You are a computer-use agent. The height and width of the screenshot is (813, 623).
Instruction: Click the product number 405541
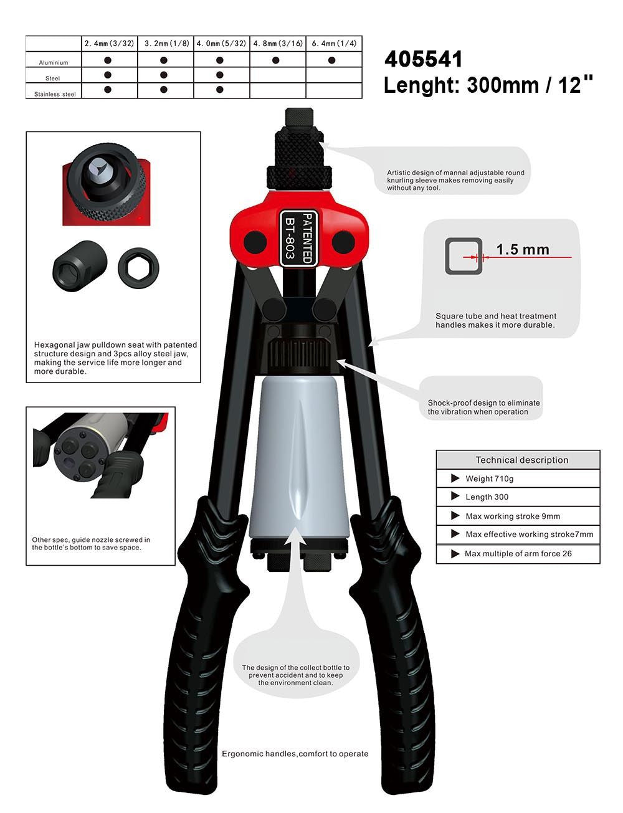[423, 59]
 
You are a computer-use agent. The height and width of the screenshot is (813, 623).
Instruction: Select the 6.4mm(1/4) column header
[333, 44]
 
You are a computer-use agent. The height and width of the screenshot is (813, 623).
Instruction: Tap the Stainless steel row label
[55, 94]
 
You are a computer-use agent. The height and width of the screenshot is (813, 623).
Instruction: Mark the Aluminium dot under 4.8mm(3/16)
[275, 60]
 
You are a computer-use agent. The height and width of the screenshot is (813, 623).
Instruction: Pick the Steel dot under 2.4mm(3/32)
[107, 75]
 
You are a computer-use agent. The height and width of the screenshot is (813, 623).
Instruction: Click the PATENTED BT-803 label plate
[298, 239]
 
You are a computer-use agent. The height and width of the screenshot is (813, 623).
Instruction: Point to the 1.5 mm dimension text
[522, 249]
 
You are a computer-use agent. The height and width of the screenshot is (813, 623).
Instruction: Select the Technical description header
[521, 460]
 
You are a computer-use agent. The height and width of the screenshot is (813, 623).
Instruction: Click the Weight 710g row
[518, 478]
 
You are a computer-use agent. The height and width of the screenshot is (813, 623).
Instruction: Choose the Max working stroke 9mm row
[518, 516]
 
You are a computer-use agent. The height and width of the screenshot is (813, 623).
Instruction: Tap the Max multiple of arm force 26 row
[518, 554]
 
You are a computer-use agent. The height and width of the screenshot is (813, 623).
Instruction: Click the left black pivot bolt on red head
[255, 242]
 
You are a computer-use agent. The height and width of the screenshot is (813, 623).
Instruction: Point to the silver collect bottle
[298, 457]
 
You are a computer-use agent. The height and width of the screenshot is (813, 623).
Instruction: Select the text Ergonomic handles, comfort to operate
[295, 754]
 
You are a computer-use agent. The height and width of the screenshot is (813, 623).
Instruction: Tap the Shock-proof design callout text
[483, 407]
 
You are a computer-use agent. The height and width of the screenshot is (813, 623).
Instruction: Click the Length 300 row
[518, 497]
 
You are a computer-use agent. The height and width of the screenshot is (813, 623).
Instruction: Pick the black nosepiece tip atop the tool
[299, 118]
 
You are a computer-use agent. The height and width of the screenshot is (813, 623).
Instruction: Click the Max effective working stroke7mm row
[518, 535]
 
